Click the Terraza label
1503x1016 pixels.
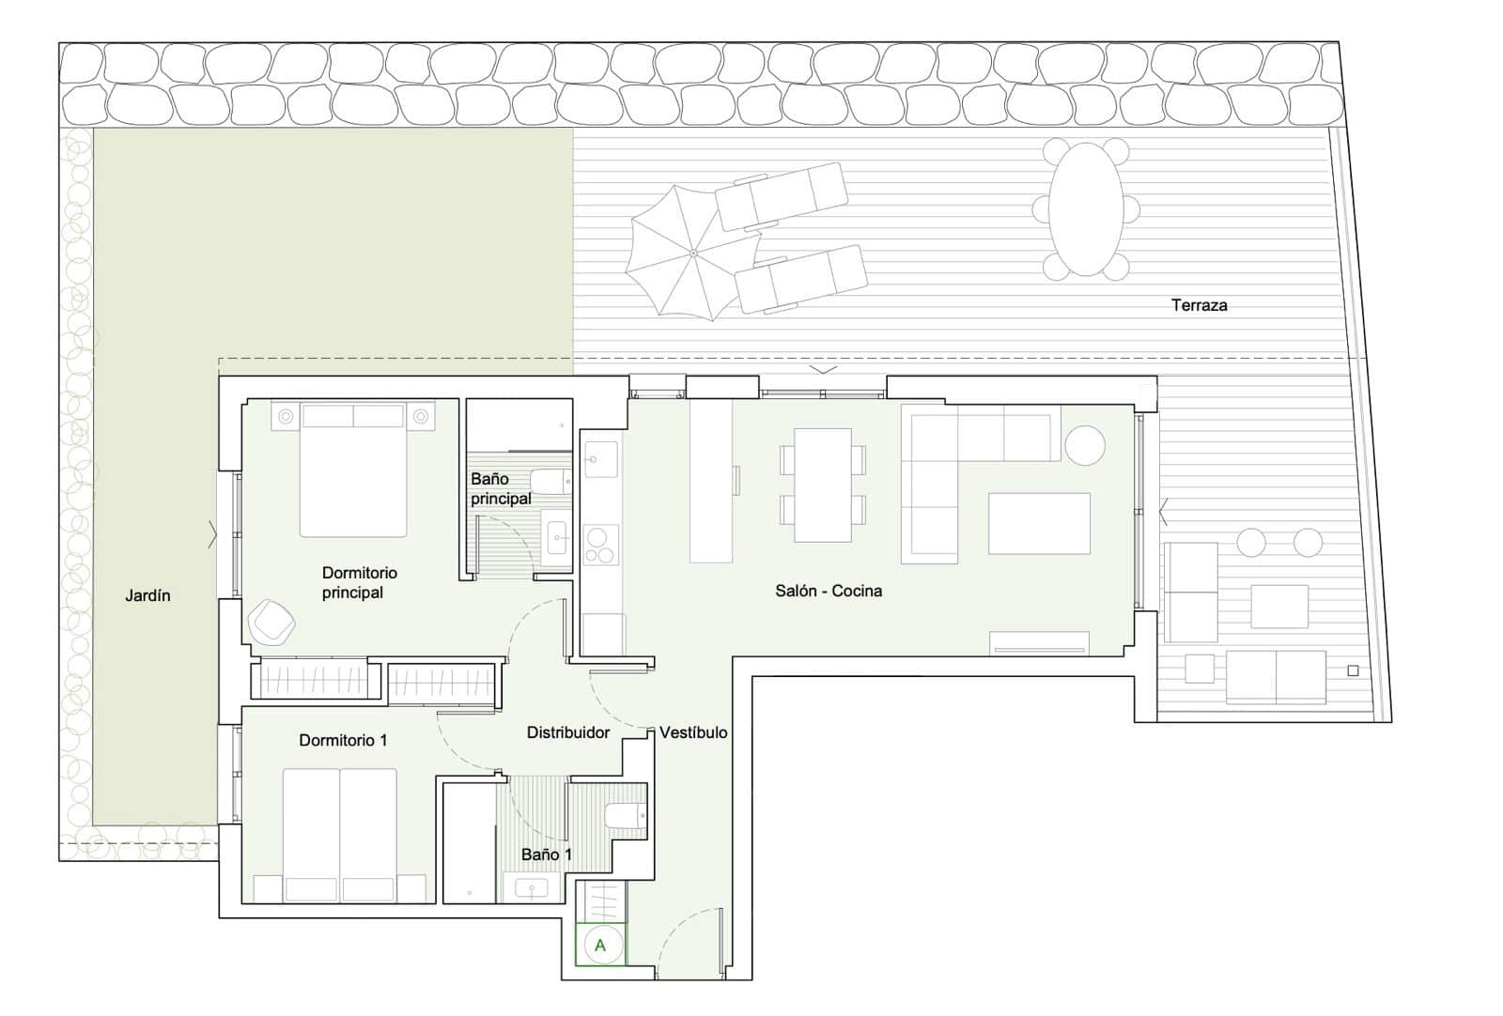pyautogui.click(x=1199, y=305)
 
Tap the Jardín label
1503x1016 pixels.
pyautogui.click(x=148, y=595)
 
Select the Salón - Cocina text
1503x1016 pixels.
pyautogui.click(x=829, y=591)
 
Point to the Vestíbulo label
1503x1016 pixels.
pyautogui.click(x=693, y=732)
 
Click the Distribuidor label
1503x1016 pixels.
pyautogui.click(x=567, y=732)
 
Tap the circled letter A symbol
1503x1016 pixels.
pyautogui.click(x=600, y=946)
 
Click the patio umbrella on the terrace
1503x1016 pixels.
pyautogui.click(x=692, y=252)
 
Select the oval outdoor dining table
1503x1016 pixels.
pyautogui.click(x=1086, y=208)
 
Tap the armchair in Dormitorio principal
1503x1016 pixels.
pyautogui.click(x=271, y=622)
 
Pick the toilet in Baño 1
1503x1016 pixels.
pyautogui.click(x=625, y=814)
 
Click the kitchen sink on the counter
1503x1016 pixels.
pyautogui.click(x=600, y=459)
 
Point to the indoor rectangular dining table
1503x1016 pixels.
pyautogui.click(x=823, y=485)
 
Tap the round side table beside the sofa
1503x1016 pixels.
pyautogui.click(x=1085, y=445)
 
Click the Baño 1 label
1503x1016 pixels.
pyautogui.click(x=546, y=854)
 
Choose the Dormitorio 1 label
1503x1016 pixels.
pyautogui.click(x=343, y=741)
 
